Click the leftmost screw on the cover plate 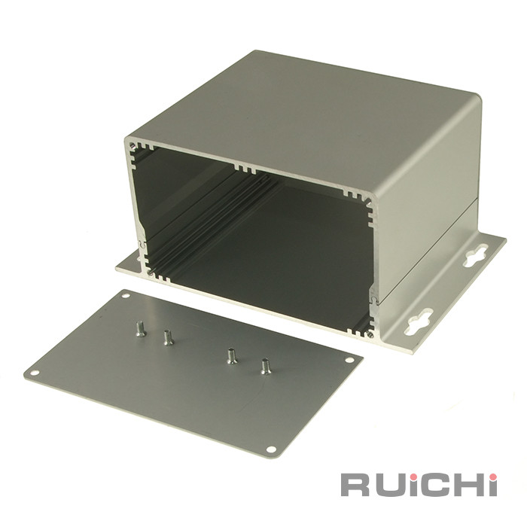(140, 329)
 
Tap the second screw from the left (167, 338)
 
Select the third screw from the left (231, 356)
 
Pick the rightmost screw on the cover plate (265, 367)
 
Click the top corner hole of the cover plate (126, 296)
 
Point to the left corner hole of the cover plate (35, 373)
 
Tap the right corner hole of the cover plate (349, 360)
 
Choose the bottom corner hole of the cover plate (271, 449)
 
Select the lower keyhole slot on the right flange (419, 322)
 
